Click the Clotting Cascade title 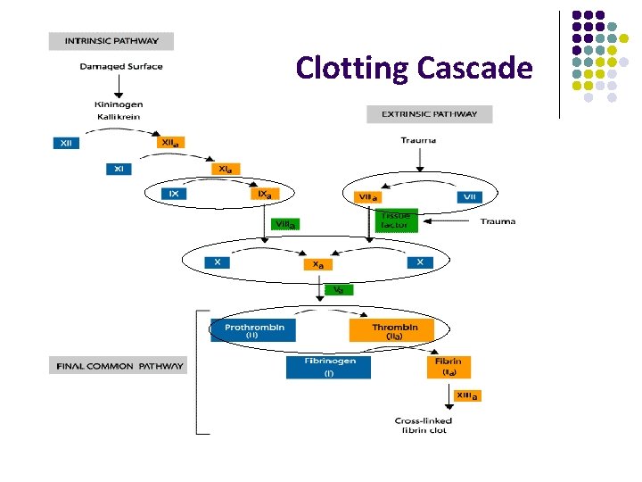click(x=414, y=68)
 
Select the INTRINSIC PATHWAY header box click(x=111, y=41)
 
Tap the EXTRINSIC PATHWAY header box click(x=429, y=114)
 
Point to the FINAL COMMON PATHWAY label click(x=119, y=366)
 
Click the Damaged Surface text click(x=120, y=67)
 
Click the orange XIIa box click(x=171, y=143)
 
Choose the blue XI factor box click(x=120, y=168)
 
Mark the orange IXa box click(x=266, y=194)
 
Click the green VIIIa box click(x=285, y=224)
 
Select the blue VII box click(x=469, y=196)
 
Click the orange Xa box click(x=317, y=264)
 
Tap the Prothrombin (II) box click(x=253, y=330)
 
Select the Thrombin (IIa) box click(x=395, y=330)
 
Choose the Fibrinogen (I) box click(x=327, y=367)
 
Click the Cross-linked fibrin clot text click(x=424, y=425)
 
